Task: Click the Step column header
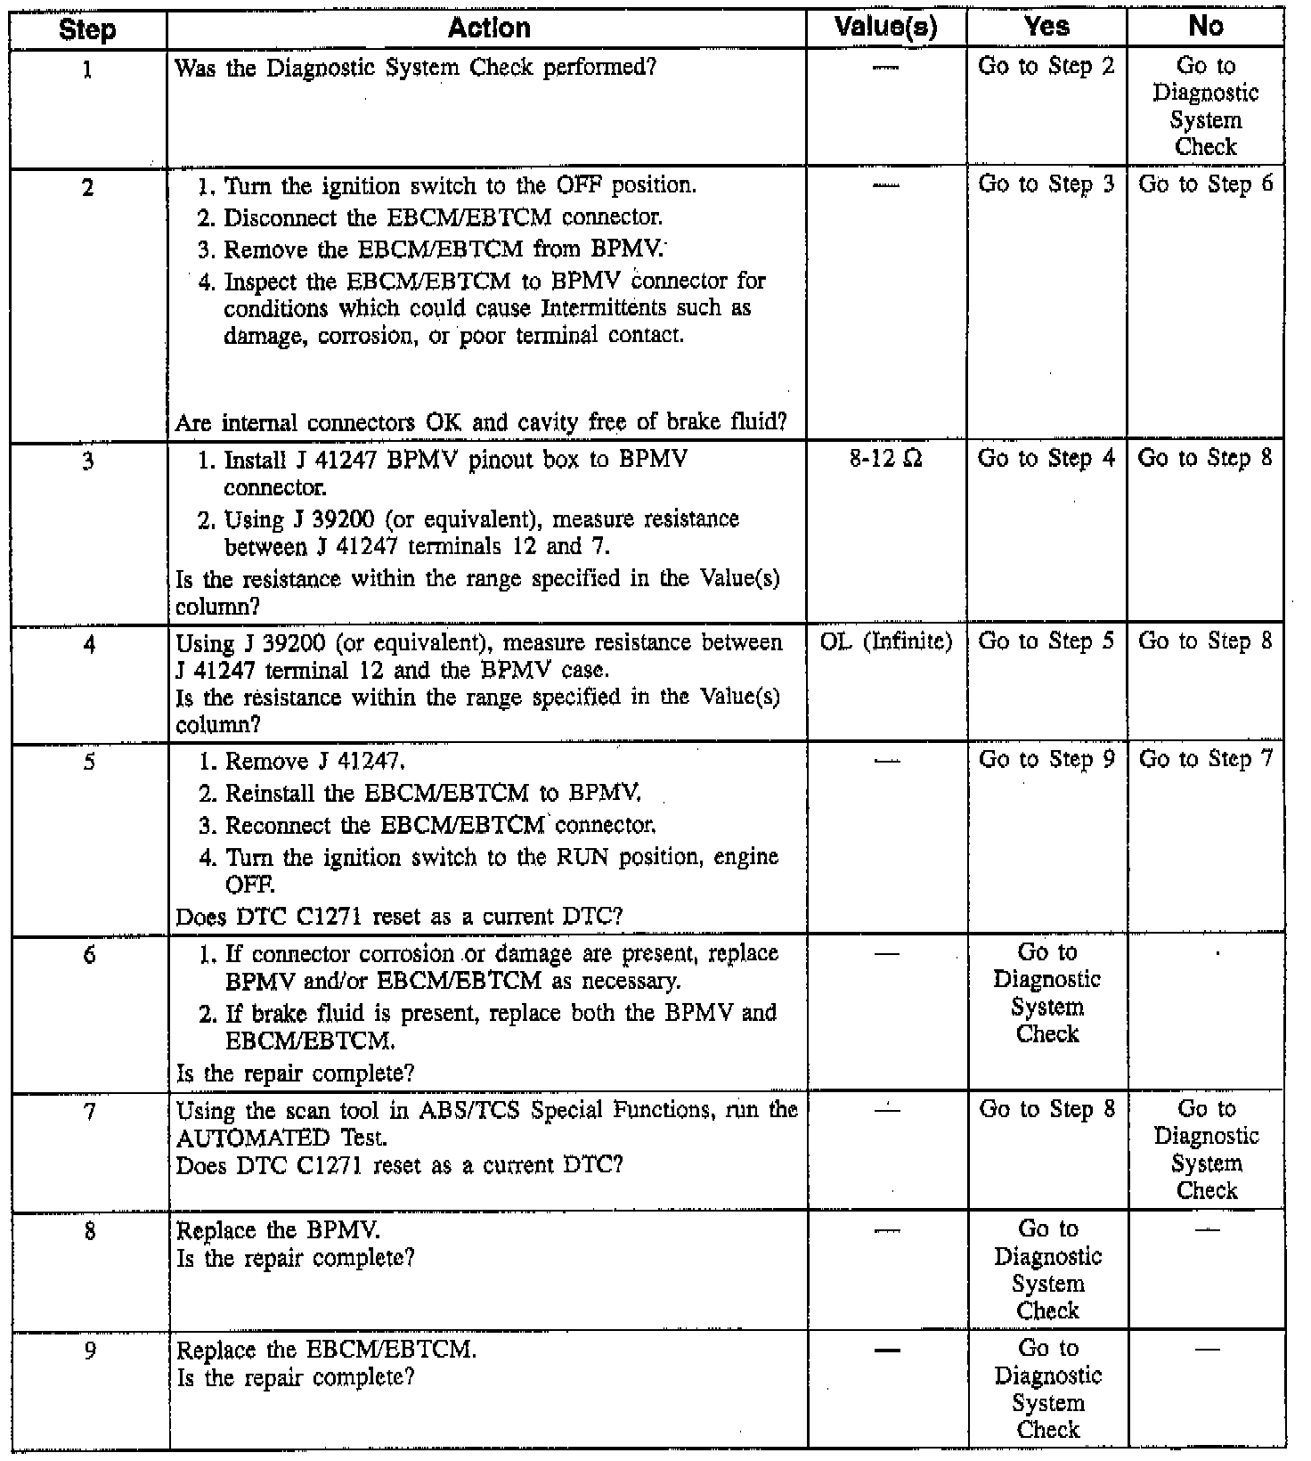tap(87, 29)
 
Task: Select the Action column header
tap(489, 28)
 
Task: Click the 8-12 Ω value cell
tap(885, 460)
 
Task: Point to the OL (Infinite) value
tap(885, 641)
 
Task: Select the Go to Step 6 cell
tap(1206, 184)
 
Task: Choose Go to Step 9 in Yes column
tap(1046, 759)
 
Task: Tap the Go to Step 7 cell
tap(1206, 759)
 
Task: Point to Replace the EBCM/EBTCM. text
tap(327, 1350)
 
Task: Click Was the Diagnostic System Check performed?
tap(416, 67)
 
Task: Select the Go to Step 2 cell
tap(1046, 67)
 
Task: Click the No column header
tap(1206, 28)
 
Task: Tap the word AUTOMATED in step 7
tap(240, 1138)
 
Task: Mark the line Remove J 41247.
tap(316, 762)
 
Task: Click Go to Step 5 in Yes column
tap(1046, 641)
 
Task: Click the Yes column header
tap(1046, 28)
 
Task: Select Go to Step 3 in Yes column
tap(1046, 184)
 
